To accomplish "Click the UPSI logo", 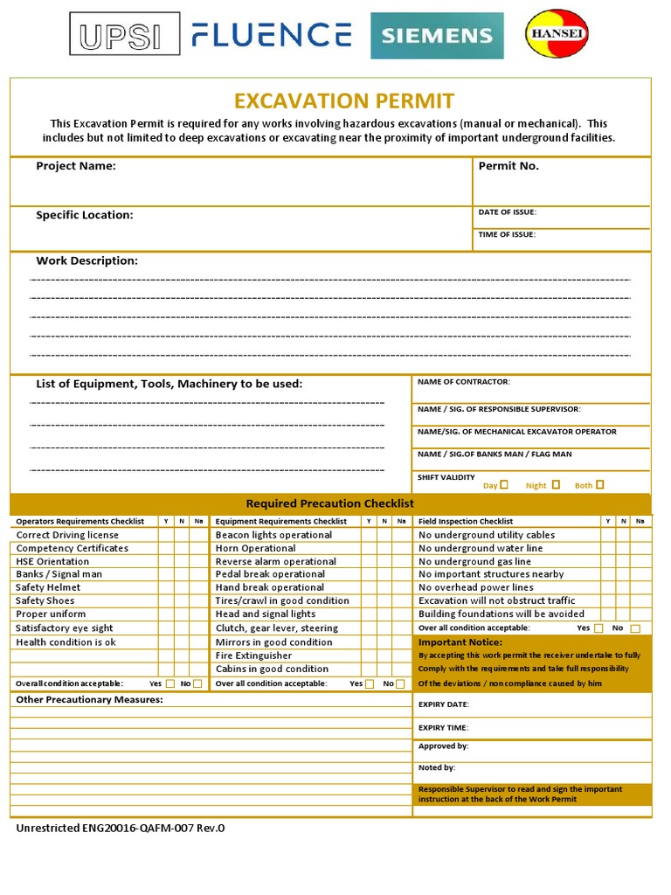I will pyautogui.click(x=124, y=35).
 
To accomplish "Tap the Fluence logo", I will pyautogui.click(x=272, y=35).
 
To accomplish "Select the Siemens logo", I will pyautogui.click(x=437, y=36).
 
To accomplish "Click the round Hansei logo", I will pyautogui.click(x=557, y=34).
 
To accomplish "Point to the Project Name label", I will pyautogui.click(x=75, y=166).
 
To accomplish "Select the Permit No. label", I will pyautogui.click(x=508, y=166).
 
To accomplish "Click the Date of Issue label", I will pyautogui.click(x=508, y=212).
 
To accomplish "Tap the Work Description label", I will pyautogui.click(x=86, y=260).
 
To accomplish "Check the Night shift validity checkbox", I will pyautogui.click(x=556, y=484).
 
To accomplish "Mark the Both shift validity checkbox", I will pyautogui.click(x=599, y=484).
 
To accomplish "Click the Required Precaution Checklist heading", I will pyautogui.click(x=329, y=503).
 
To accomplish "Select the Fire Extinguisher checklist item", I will pyautogui.click(x=253, y=656).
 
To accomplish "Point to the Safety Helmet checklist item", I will pyautogui.click(x=48, y=587).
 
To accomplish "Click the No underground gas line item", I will pyautogui.click(x=474, y=561).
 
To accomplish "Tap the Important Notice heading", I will pyautogui.click(x=460, y=642).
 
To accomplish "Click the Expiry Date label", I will pyautogui.click(x=444, y=704).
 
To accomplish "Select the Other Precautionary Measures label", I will pyautogui.click(x=89, y=700).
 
